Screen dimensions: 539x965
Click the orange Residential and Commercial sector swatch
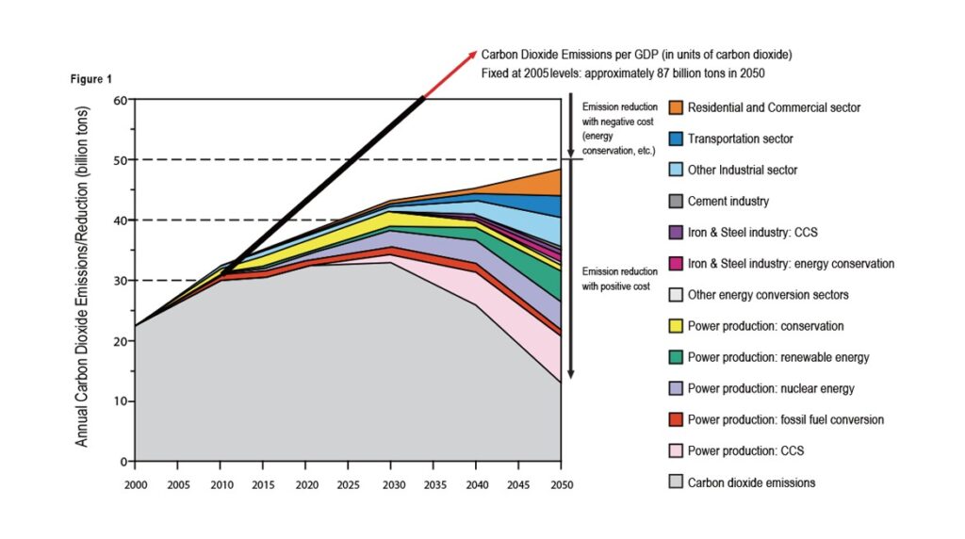pyautogui.click(x=675, y=108)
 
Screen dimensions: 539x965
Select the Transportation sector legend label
pyautogui.click(x=740, y=139)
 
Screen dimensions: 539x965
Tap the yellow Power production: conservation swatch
pyautogui.click(x=675, y=326)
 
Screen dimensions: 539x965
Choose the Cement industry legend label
pyautogui.click(x=728, y=202)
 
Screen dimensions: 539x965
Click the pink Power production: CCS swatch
pyautogui.click(x=675, y=451)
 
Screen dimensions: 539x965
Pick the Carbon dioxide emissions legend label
pyautogui.click(x=751, y=482)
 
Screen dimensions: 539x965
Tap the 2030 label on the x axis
pyautogui.click(x=390, y=484)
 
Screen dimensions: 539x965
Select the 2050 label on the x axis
pyautogui.click(x=561, y=484)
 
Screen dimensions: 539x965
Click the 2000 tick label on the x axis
pyautogui.click(x=135, y=484)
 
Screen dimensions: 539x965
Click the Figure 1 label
pyautogui.click(x=91, y=79)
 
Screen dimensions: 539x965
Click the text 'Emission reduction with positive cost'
pyautogui.click(x=616, y=278)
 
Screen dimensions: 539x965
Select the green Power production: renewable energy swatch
pyautogui.click(x=675, y=357)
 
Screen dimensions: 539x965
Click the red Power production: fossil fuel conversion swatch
pyautogui.click(x=675, y=419)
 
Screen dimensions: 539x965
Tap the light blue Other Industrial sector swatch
pyautogui.click(x=675, y=171)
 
